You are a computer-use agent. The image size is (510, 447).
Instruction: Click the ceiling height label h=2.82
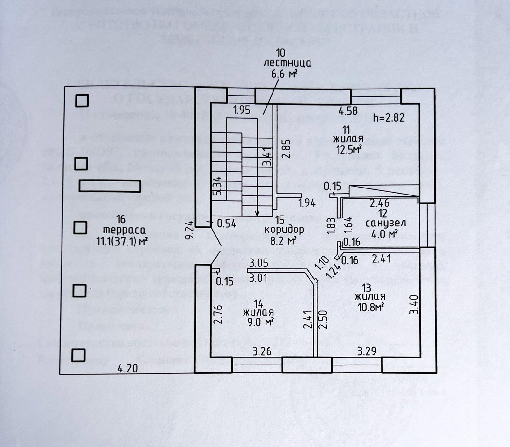tap(389, 118)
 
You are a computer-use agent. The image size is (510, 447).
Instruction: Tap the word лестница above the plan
tap(287, 63)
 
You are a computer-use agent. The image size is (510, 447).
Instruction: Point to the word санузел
tap(385, 223)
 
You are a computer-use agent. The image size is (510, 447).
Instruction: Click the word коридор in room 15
tap(284, 229)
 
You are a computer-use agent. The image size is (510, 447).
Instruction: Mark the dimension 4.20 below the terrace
tap(127, 369)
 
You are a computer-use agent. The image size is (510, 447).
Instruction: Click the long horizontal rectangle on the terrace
tap(110, 186)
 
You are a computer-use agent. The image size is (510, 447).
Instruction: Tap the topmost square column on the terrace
tap(82, 101)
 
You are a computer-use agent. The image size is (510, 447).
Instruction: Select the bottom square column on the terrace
tap(78, 355)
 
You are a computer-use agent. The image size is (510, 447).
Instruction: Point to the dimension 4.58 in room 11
tap(348, 111)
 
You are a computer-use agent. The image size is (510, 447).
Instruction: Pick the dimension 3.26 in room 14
tap(262, 351)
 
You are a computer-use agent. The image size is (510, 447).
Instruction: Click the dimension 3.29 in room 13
tap(367, 351)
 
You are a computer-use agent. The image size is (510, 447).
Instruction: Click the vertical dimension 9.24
tap(190, 230)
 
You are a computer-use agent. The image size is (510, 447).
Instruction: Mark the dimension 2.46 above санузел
tap(379, 202)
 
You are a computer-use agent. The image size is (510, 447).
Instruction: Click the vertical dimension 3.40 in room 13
tap(414, 305)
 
